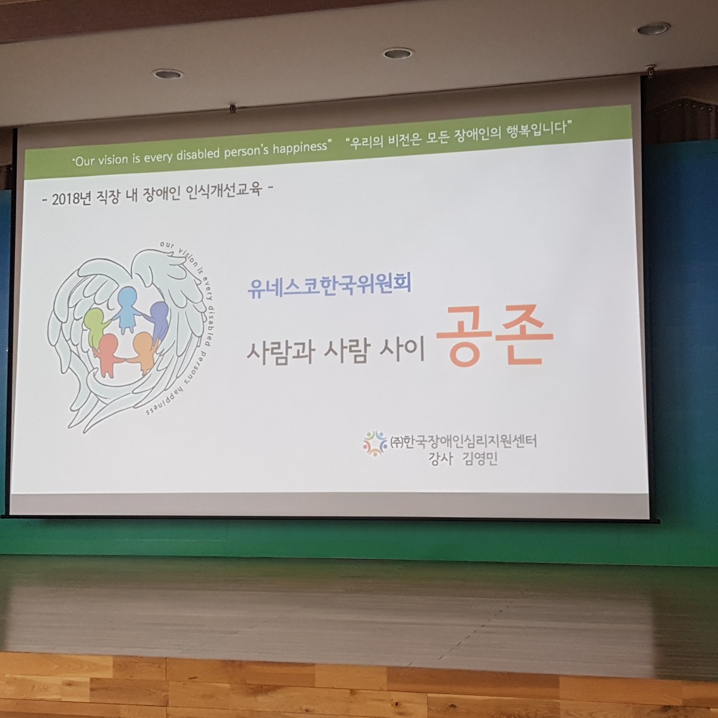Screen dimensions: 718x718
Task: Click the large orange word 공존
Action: pos(494,336)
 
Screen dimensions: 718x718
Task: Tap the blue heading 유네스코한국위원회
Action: pos(329,285)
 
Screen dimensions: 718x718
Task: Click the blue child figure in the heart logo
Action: pos(128,309)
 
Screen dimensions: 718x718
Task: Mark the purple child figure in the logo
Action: pos(157,321)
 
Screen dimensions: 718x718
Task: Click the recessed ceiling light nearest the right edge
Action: pos(653,28)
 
